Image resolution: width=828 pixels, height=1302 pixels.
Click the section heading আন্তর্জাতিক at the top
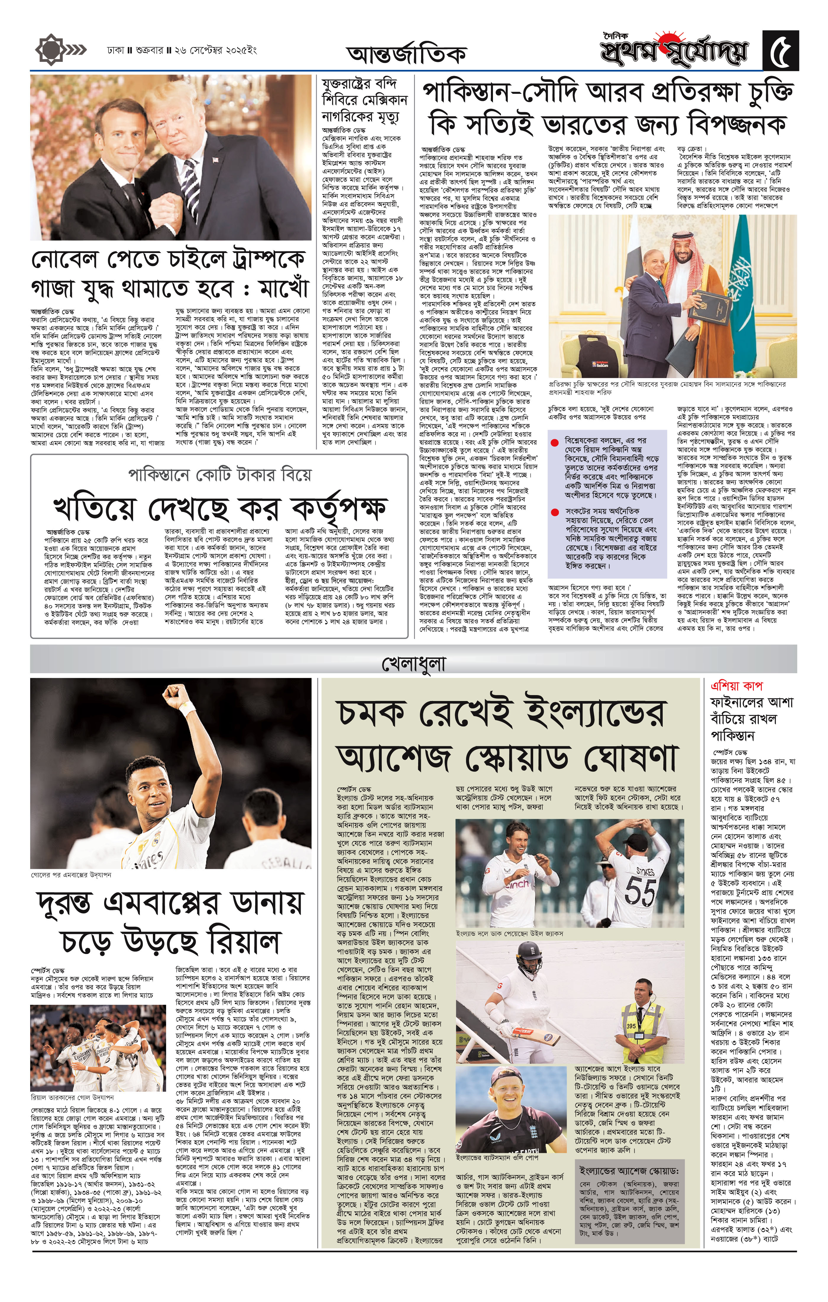tap(406, 54)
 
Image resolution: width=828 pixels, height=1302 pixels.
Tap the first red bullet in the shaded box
tap(554, 443)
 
